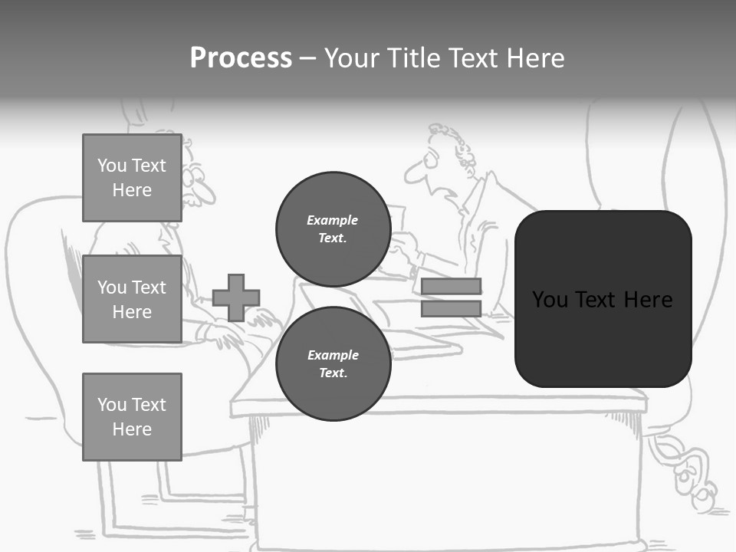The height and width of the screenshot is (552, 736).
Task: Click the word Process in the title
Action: [241, 58]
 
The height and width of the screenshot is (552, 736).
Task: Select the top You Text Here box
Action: [132, 178]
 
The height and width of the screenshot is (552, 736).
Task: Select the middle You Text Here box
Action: [132, 299]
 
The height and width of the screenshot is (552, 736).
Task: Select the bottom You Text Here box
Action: [132, 416]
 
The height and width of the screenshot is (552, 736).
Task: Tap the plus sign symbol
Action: [236, 297]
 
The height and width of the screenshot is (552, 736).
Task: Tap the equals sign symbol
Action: [451, 297]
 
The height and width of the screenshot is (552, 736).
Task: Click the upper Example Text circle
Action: [333, 228]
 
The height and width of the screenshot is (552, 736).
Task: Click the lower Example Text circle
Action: [333, 363]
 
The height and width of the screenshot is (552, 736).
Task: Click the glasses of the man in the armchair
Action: [192, 182]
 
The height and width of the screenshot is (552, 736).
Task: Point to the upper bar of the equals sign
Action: [451, 287]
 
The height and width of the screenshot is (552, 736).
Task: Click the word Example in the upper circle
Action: [333, 220]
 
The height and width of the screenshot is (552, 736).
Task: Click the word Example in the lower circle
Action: [333, 355]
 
